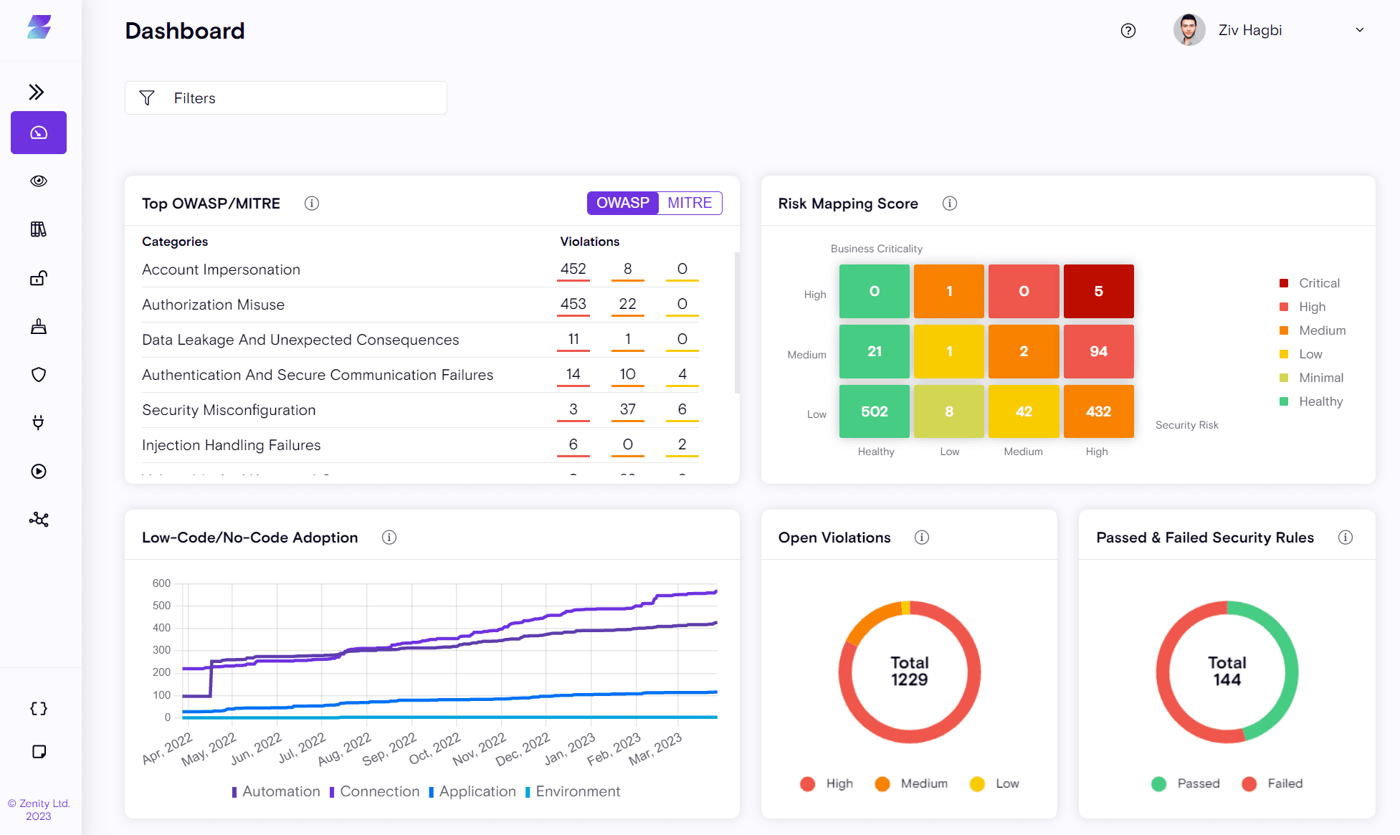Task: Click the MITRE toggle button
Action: (x=690, y=203)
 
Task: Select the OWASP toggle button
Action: (x=623, y=203)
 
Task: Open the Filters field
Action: (x=286, y=98)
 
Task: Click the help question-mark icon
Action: (x=1128, y=30)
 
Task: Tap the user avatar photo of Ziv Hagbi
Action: (x=1189, y=30)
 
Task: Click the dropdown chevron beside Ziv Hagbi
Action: (x=1360, y=30)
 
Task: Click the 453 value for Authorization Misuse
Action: (x=573, y=304)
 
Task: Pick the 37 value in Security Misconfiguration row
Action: (x=628, y=409)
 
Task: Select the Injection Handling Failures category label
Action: (x=232, y=445)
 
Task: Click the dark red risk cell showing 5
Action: (x=1098, y=291)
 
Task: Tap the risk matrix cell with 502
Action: (x=875, y=411)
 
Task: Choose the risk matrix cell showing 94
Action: (x=1098, y=351)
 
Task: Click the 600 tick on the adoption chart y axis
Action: (x=161, y=583)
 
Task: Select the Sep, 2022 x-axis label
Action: (x=389, y=749)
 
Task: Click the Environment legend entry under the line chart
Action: (x=573, y=791)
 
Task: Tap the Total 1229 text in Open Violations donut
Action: (x=909, y=672)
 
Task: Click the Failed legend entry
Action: (x=1272, y=783)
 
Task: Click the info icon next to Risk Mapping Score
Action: (x=950, y=204)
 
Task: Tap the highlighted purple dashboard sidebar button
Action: (x=39, y=133)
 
